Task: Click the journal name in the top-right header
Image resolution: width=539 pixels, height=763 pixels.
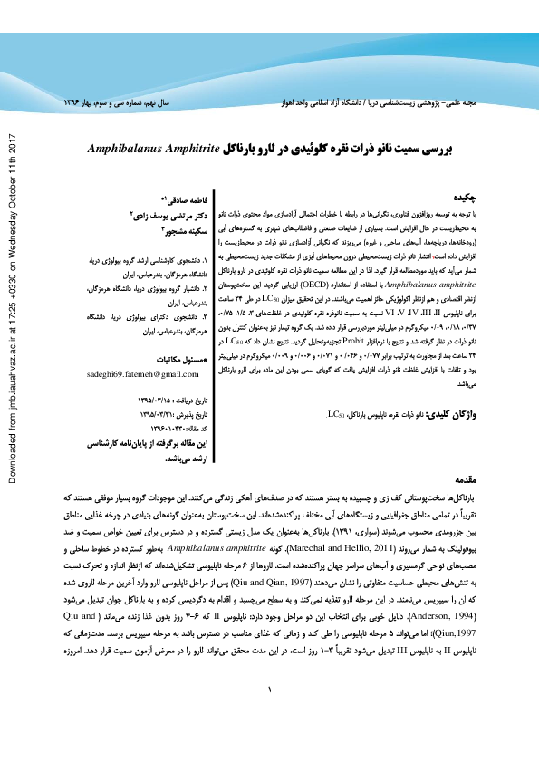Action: pyautogui.click(x=398, y=105)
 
